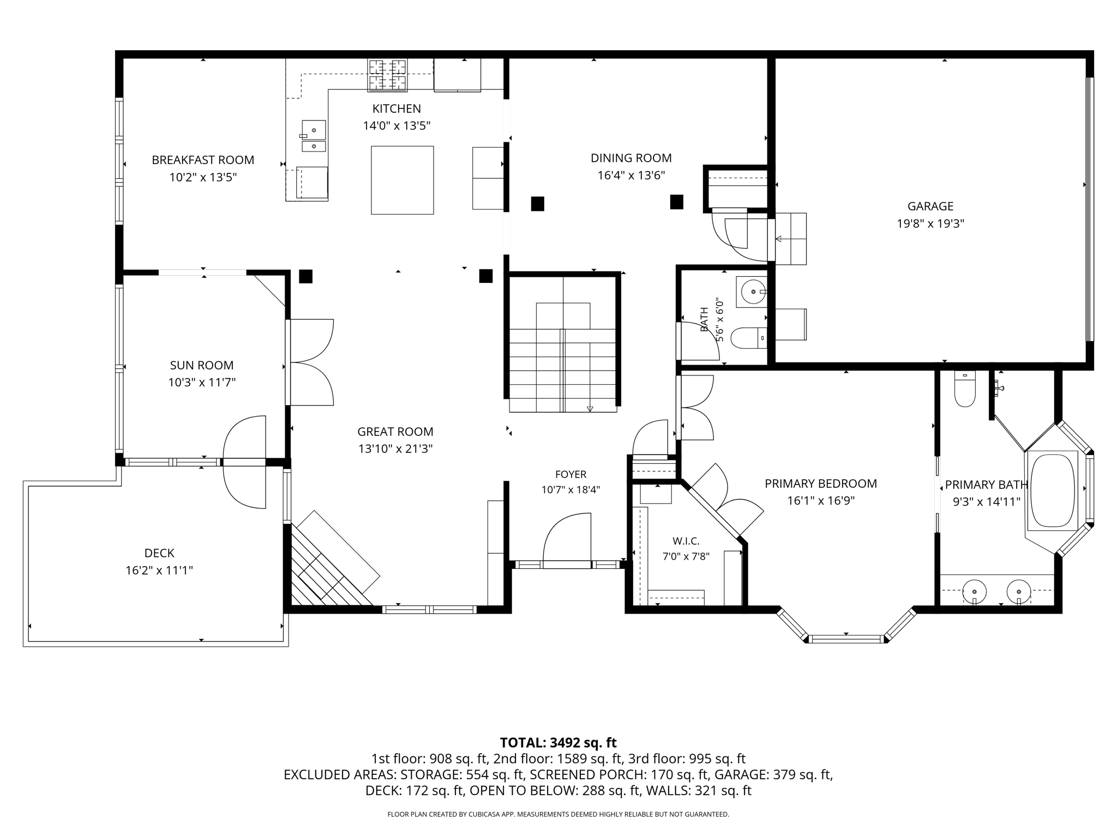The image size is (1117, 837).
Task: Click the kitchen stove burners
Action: point(388,75)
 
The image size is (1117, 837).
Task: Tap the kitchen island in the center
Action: point(403,180)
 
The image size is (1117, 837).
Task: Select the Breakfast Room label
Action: point(203,160)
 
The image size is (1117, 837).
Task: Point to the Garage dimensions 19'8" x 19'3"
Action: point(930,223)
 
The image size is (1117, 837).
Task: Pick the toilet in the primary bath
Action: point(965,389)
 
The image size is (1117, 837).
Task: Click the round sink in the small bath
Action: point(753,292)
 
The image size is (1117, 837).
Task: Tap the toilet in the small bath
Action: point(749,338)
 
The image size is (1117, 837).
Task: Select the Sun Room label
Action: point(202,366)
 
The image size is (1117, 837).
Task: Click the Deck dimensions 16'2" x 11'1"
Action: point(159,571)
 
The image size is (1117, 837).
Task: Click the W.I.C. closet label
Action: point(686,541)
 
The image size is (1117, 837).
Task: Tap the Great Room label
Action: point(395,432)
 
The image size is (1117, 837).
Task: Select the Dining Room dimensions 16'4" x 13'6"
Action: point(631,175)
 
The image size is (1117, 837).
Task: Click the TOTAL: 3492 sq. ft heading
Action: point(558,743)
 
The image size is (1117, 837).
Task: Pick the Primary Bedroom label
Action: point(821,484)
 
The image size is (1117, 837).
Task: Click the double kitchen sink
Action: point(314,136)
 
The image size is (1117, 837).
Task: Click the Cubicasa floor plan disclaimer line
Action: point(558,815)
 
